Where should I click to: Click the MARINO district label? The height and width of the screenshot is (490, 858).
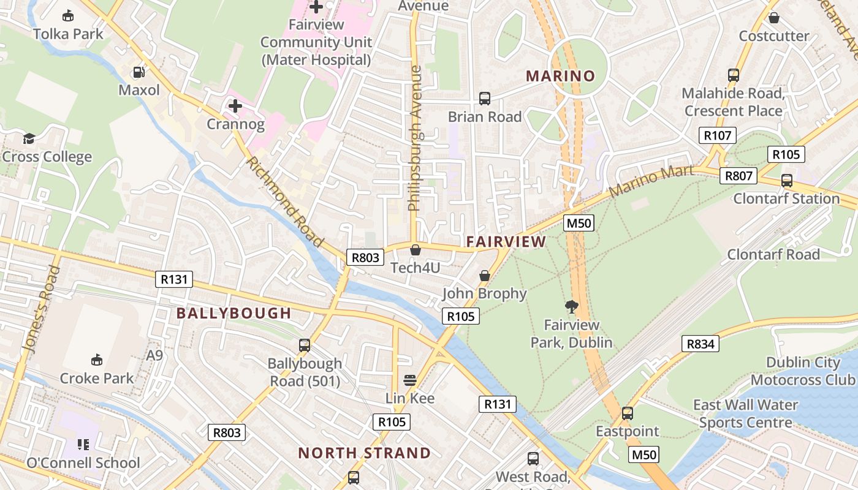click(x=561, y=76)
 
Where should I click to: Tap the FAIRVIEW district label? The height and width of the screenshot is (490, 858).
click(x=506, y=242)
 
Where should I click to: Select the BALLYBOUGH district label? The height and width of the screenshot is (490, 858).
click(x=233, y=313)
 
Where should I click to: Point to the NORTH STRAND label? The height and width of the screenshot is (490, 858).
click(x=364, y=453)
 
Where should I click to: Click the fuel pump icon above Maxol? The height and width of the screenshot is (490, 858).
click(x=139, y=72)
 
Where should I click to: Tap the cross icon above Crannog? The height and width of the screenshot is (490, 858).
click(x=235, y=106)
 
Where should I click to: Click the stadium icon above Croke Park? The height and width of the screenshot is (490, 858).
click(x=96, y=360)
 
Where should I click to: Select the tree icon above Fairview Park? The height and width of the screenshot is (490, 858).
click(x=571, y=306)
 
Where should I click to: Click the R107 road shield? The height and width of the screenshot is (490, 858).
click(x=717, y=135)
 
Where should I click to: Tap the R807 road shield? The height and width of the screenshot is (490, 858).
click(x=738, y=176)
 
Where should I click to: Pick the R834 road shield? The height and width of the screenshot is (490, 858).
click(x=700, y=344)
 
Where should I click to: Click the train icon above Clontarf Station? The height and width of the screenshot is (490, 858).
click(x=786, y=181)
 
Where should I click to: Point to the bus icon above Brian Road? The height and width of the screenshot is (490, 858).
click(x=484, y=98)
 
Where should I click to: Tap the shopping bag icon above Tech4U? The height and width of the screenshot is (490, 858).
click(x=416, y=250)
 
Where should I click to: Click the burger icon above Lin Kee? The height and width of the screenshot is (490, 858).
click(x=409, y=380)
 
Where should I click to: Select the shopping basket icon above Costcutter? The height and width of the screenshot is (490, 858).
click(x=773, y=18)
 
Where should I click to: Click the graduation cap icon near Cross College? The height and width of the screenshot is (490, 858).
click(x=28, y=138)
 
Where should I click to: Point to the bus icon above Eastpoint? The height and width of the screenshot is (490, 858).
click(x=627, y=413)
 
